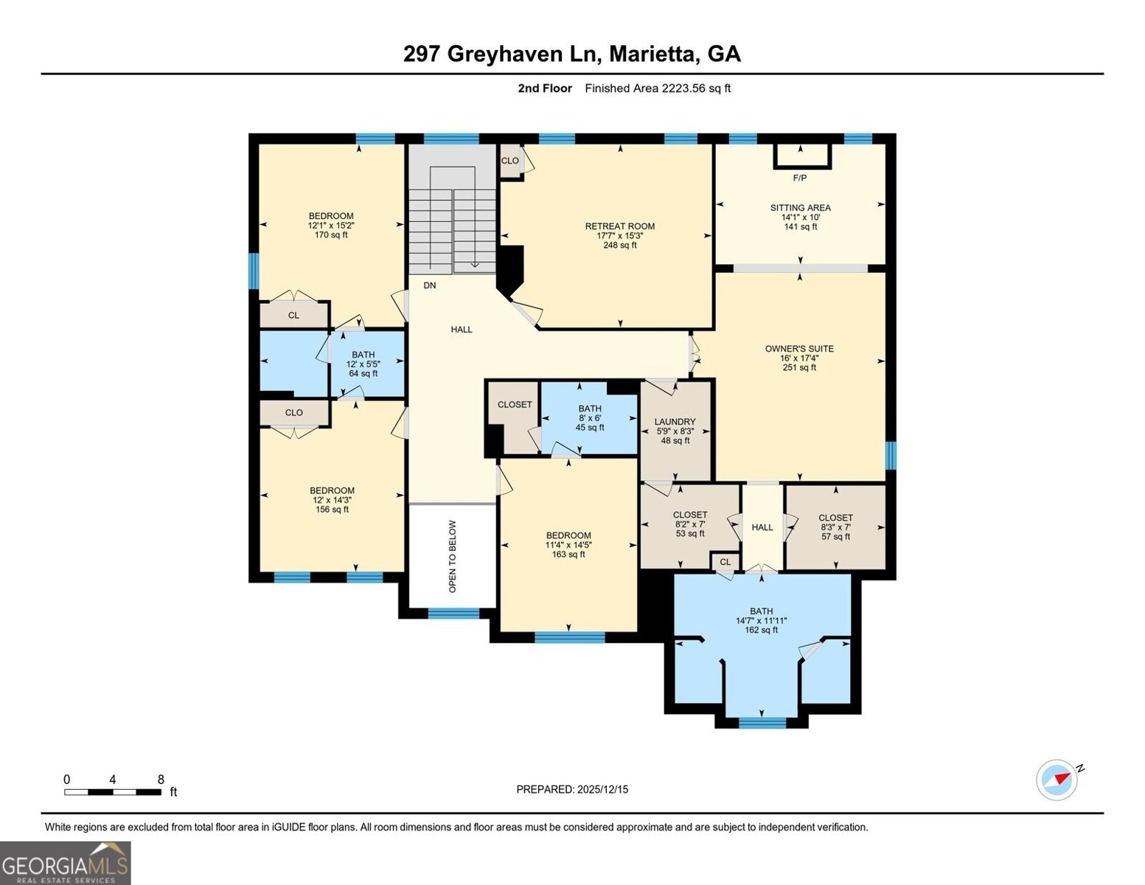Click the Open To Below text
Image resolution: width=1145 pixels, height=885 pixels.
coord(453,556)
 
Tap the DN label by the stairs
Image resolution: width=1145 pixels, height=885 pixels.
coord(430,285)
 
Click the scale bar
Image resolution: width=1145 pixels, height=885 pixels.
coord(112,792)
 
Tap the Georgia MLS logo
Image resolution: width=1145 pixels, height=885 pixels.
coord(66,863)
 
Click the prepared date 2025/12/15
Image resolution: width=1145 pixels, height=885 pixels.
coord(572,789)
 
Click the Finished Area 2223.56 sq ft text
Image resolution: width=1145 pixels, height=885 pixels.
coord(658,88)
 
